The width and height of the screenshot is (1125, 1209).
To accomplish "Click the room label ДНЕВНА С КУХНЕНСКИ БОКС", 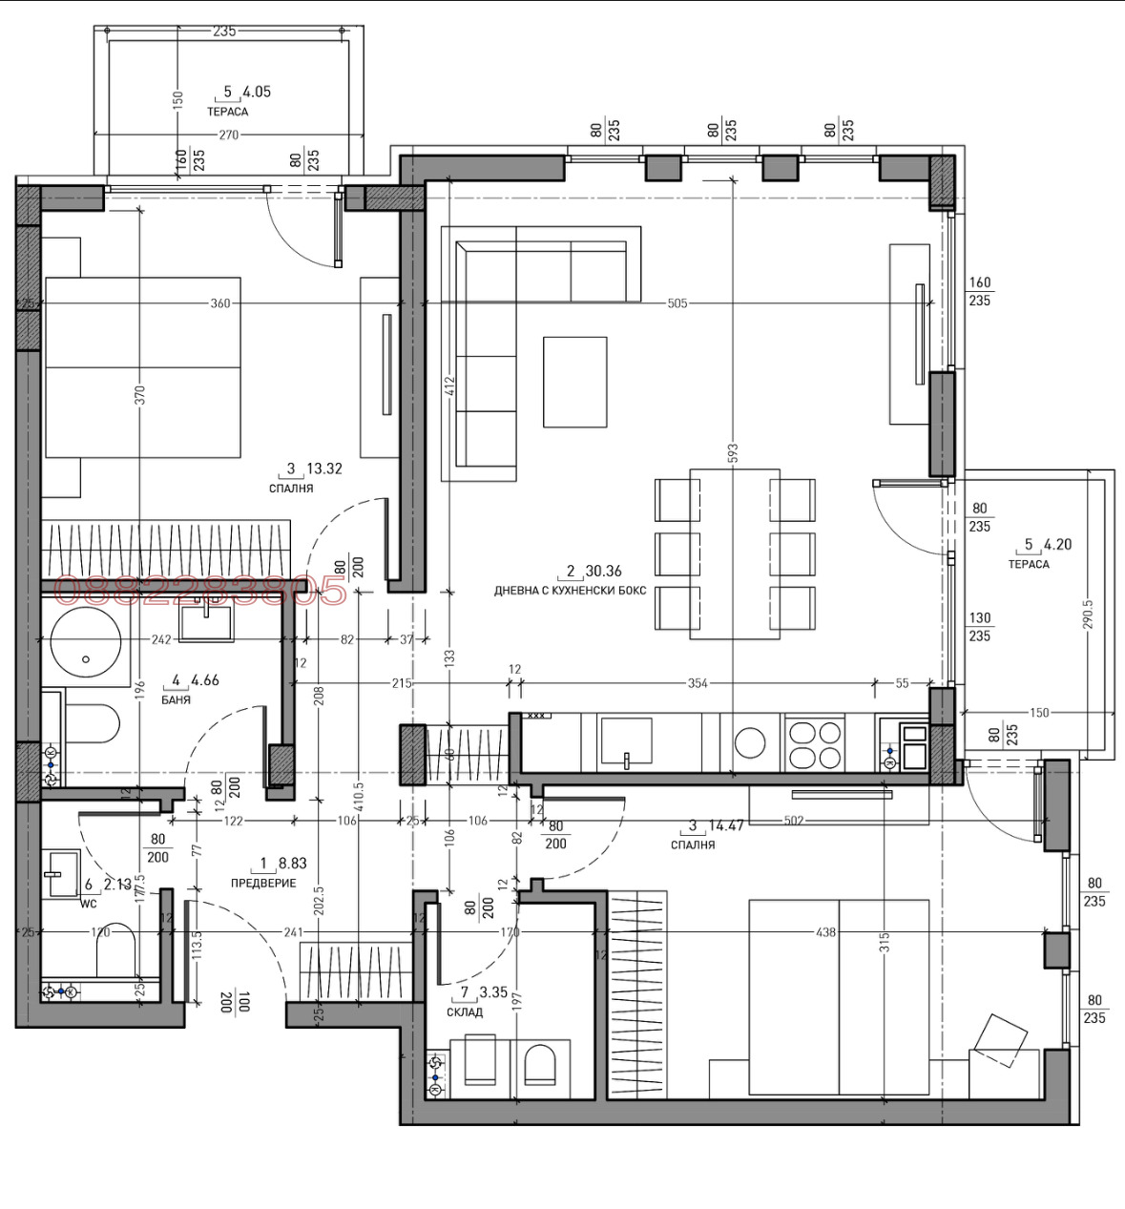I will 570,591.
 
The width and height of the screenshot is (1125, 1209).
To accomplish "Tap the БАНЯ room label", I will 176,699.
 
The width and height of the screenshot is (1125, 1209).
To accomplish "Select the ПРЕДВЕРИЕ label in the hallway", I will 263,883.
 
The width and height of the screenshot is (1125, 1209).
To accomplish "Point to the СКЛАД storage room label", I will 465,1011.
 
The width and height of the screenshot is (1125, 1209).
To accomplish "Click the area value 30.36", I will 603,571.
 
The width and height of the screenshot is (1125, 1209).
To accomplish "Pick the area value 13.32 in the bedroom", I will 323,469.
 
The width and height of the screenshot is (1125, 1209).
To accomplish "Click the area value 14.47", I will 724,825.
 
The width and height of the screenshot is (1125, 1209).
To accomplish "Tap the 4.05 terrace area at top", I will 257,93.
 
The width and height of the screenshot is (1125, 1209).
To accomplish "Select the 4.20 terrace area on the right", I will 1057,545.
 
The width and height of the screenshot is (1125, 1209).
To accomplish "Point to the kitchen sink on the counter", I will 626,740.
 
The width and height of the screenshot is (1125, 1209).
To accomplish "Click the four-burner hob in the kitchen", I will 814,744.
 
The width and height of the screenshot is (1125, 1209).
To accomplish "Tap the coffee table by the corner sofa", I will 574,381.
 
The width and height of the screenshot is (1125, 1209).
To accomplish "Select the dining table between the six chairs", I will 734,553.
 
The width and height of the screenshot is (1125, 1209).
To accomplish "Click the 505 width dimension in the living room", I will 677,303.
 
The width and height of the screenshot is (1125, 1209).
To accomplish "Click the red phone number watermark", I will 199,591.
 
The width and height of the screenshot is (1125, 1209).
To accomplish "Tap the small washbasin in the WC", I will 62,873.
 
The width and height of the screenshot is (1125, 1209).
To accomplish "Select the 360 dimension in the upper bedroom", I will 220,303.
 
